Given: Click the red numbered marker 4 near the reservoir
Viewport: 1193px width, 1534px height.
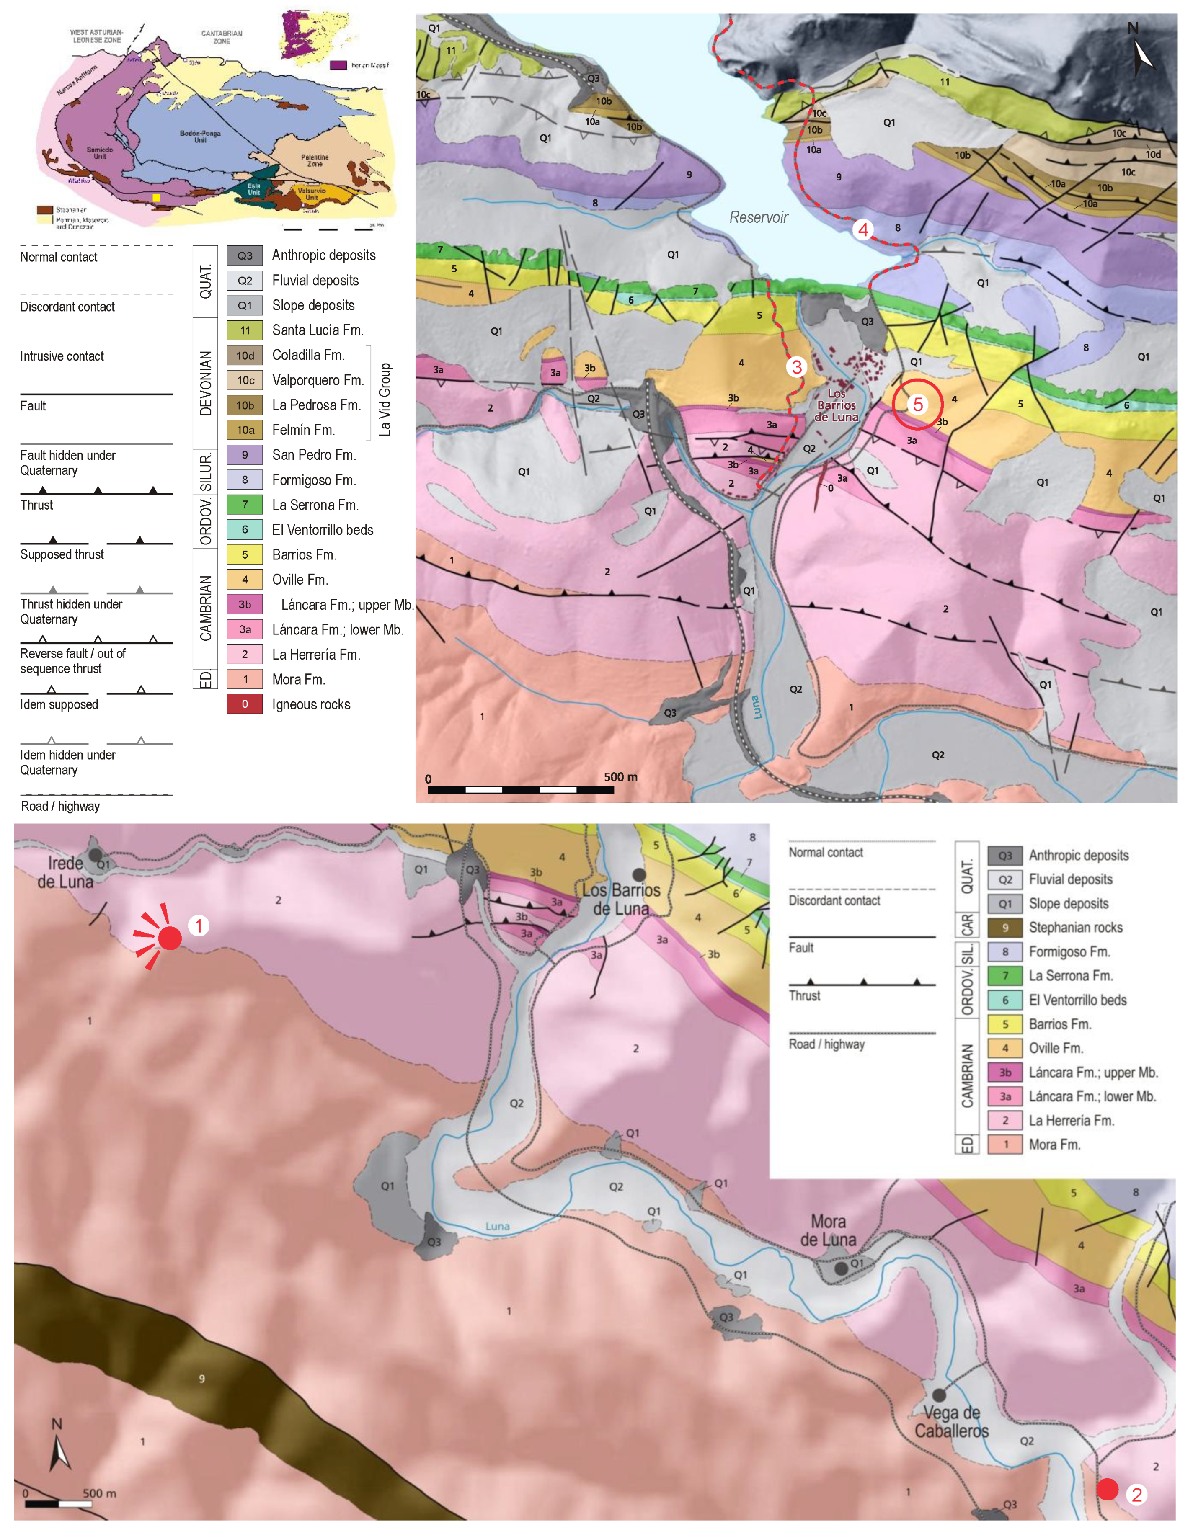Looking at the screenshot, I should (863, 229).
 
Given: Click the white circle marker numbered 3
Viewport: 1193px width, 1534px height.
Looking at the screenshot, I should (796, 366).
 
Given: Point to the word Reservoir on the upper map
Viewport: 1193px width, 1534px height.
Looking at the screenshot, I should (759, 217).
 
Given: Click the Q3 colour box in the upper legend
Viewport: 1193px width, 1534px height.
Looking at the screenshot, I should (245, 255).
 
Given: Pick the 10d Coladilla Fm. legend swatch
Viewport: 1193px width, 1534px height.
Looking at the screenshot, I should (245, 356).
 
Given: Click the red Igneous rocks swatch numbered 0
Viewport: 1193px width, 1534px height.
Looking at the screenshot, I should (245, 704).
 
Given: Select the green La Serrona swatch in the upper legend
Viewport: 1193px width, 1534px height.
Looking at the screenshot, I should (245, 504).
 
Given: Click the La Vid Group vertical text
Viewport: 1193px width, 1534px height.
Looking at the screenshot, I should (385, 400).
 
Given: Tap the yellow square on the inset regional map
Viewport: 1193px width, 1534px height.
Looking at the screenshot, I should (156, 198).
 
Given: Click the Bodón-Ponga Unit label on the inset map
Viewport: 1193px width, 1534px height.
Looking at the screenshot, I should (200, 136).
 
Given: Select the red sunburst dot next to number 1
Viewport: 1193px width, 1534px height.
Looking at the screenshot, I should (169, 938).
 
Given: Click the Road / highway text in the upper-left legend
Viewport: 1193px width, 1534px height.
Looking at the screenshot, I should (60, 806).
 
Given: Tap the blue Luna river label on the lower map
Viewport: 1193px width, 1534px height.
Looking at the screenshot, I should (498, 1226).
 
